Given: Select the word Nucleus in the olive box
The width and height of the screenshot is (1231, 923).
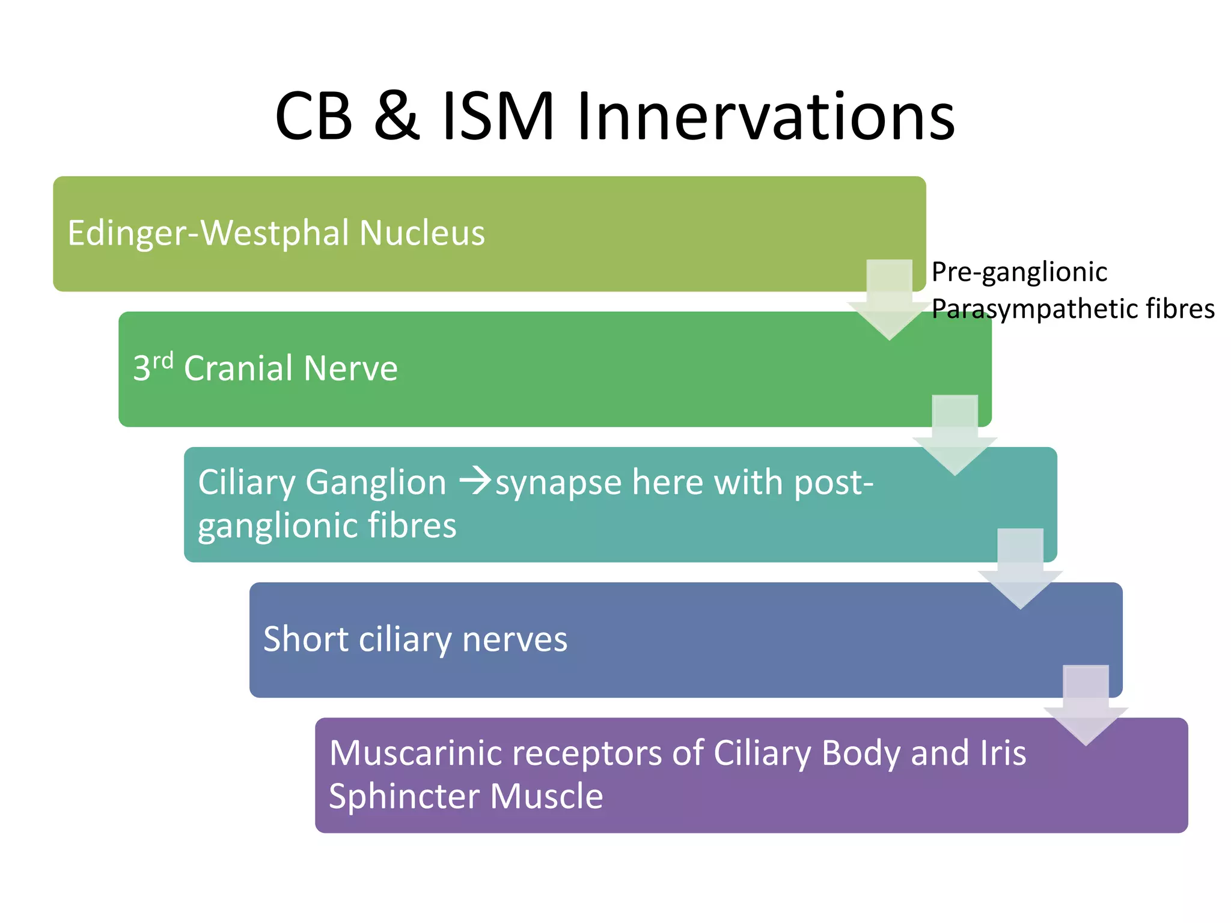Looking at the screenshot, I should [421, 233].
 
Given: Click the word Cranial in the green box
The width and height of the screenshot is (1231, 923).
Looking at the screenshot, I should [238, 368].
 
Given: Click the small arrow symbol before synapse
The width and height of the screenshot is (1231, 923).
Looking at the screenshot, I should [475, 481].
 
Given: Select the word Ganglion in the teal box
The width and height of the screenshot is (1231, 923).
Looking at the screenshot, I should [376, 483].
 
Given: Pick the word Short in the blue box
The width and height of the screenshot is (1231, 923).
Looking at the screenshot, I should [305, 639].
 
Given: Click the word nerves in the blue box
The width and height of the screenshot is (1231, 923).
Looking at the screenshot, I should [515, 640].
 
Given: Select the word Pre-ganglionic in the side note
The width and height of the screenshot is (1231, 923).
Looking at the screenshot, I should [1019, 272].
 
